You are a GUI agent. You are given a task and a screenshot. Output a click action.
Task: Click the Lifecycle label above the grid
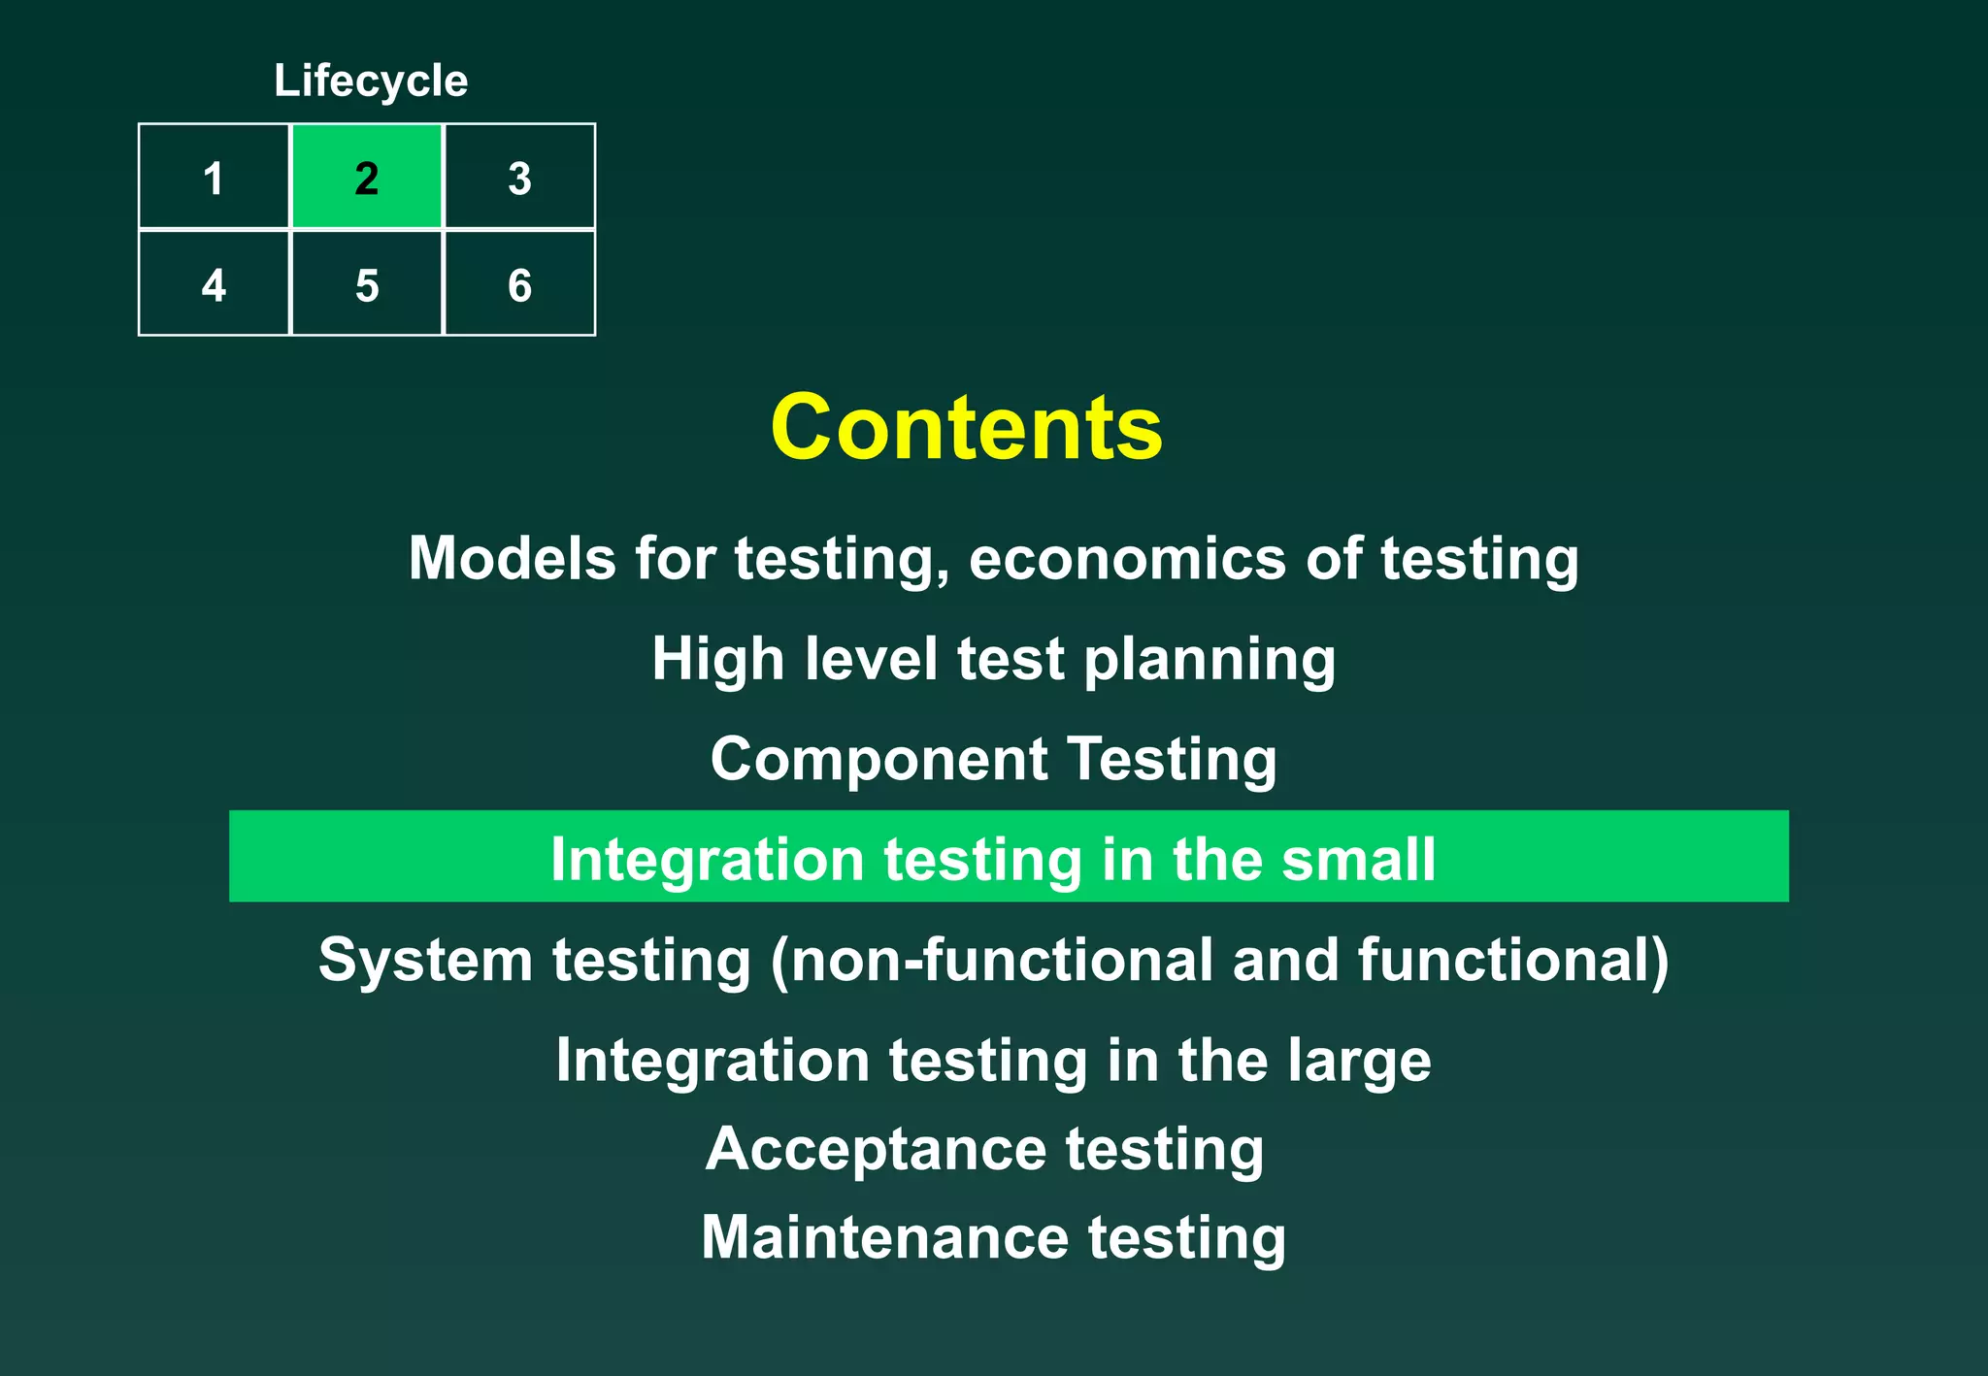(371, 81)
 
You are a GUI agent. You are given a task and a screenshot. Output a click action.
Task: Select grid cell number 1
(214, 178)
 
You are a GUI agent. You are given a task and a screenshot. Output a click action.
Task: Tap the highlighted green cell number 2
(366, 178)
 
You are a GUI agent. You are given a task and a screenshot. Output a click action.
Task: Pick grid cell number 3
(519, 178)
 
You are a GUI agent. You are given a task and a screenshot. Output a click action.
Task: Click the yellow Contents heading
(966, 428)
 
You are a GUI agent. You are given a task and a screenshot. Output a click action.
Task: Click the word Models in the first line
(512, 559)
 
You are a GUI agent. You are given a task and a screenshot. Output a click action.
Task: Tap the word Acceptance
(876, 1151)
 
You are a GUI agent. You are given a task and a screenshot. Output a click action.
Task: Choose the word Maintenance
(884, 1238)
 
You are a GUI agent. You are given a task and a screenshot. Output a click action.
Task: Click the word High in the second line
(717, 660)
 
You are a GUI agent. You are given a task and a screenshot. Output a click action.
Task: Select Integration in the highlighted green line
(707, 860)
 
